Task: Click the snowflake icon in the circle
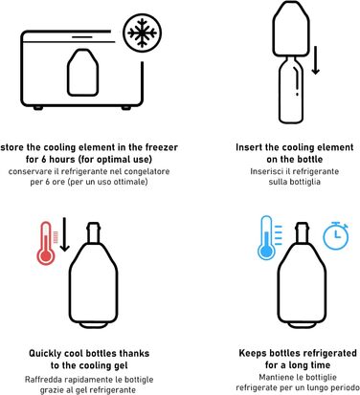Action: coord(143,33)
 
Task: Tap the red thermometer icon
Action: coord(46,243)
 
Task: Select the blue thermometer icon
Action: coord(266,237)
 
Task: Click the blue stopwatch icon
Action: coord(336,235)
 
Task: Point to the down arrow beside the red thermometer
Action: coord(65,234)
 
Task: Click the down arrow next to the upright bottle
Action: coord(316,60)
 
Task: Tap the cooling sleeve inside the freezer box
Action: coord(82,73)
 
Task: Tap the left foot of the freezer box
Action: coord(38,108)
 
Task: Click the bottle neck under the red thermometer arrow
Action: coord(94,232)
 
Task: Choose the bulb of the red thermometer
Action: coord(46,255)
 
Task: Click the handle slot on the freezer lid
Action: coord(81,36)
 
